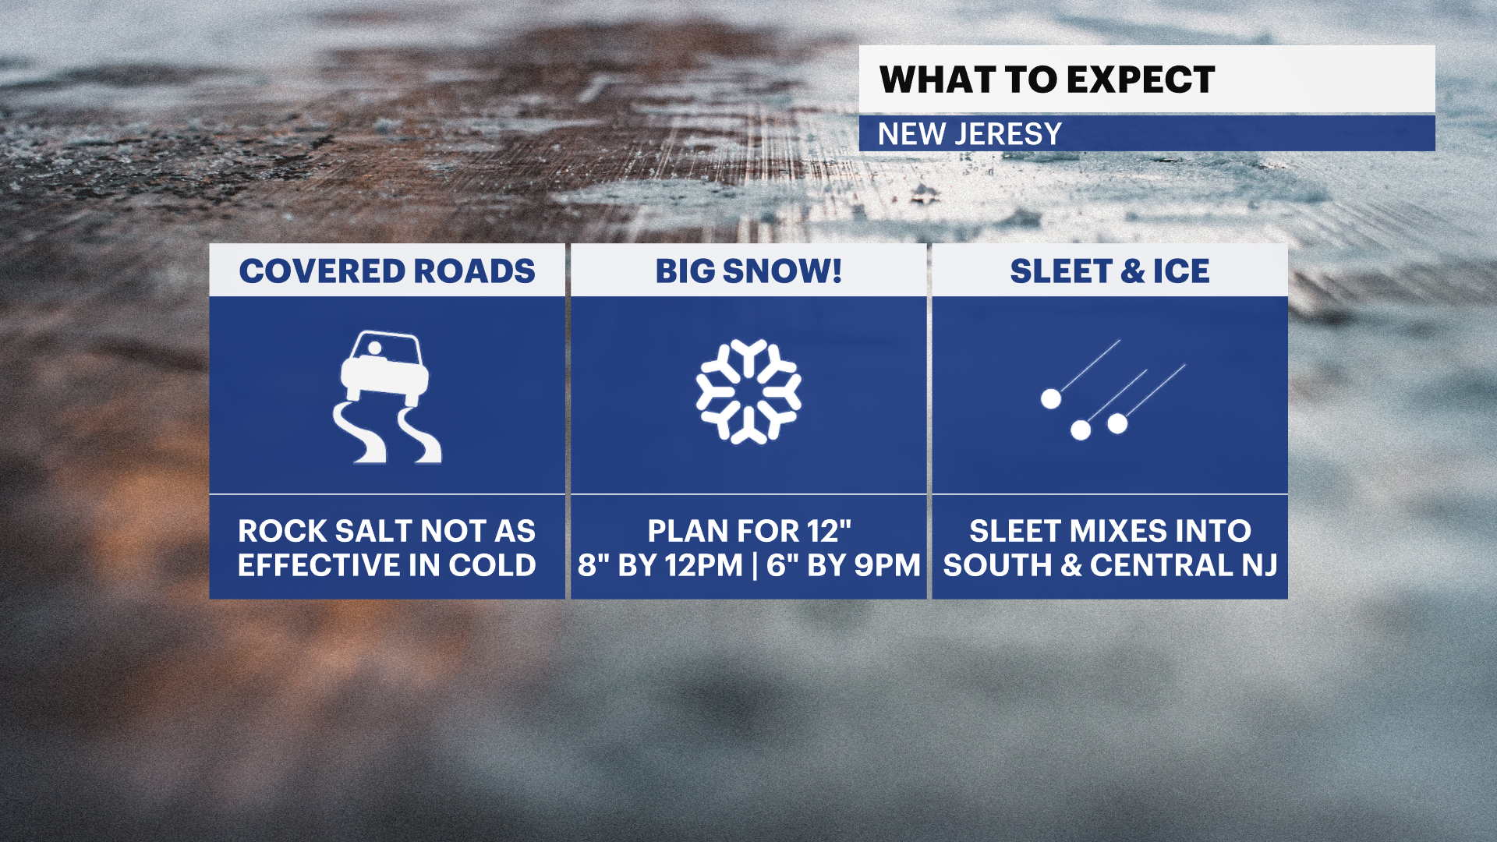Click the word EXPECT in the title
pos(1141,80)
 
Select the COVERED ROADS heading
pos(387,271)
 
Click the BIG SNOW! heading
pos(748,271)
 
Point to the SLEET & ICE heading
pos(1109,271)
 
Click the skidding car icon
pos(387,396)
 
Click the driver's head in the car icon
pos(374,348)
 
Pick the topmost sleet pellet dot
pos(1051,399)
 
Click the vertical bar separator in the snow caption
pos(755,566)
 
